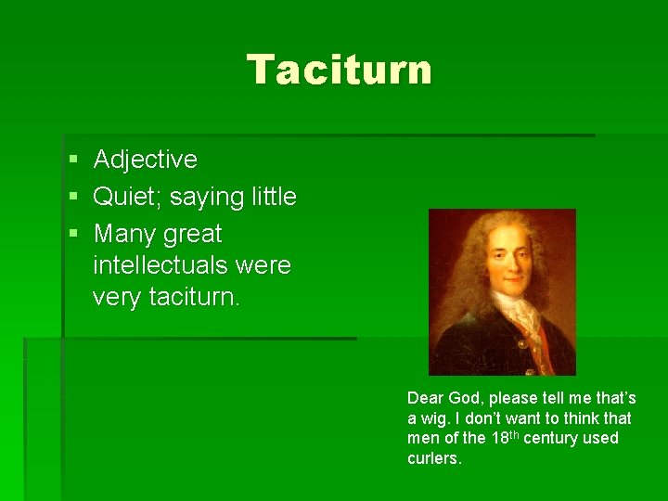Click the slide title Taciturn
click(339, 70)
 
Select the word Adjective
click(146, 160)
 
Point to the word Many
click(124, 234)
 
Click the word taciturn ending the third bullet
click(198, 298)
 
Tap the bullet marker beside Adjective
click(72, 161)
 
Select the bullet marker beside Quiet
click(72, 198)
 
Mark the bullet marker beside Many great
click(72, 235)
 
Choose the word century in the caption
click(552, 438)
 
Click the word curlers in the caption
click(433, 458)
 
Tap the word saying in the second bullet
click(206, 197)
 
